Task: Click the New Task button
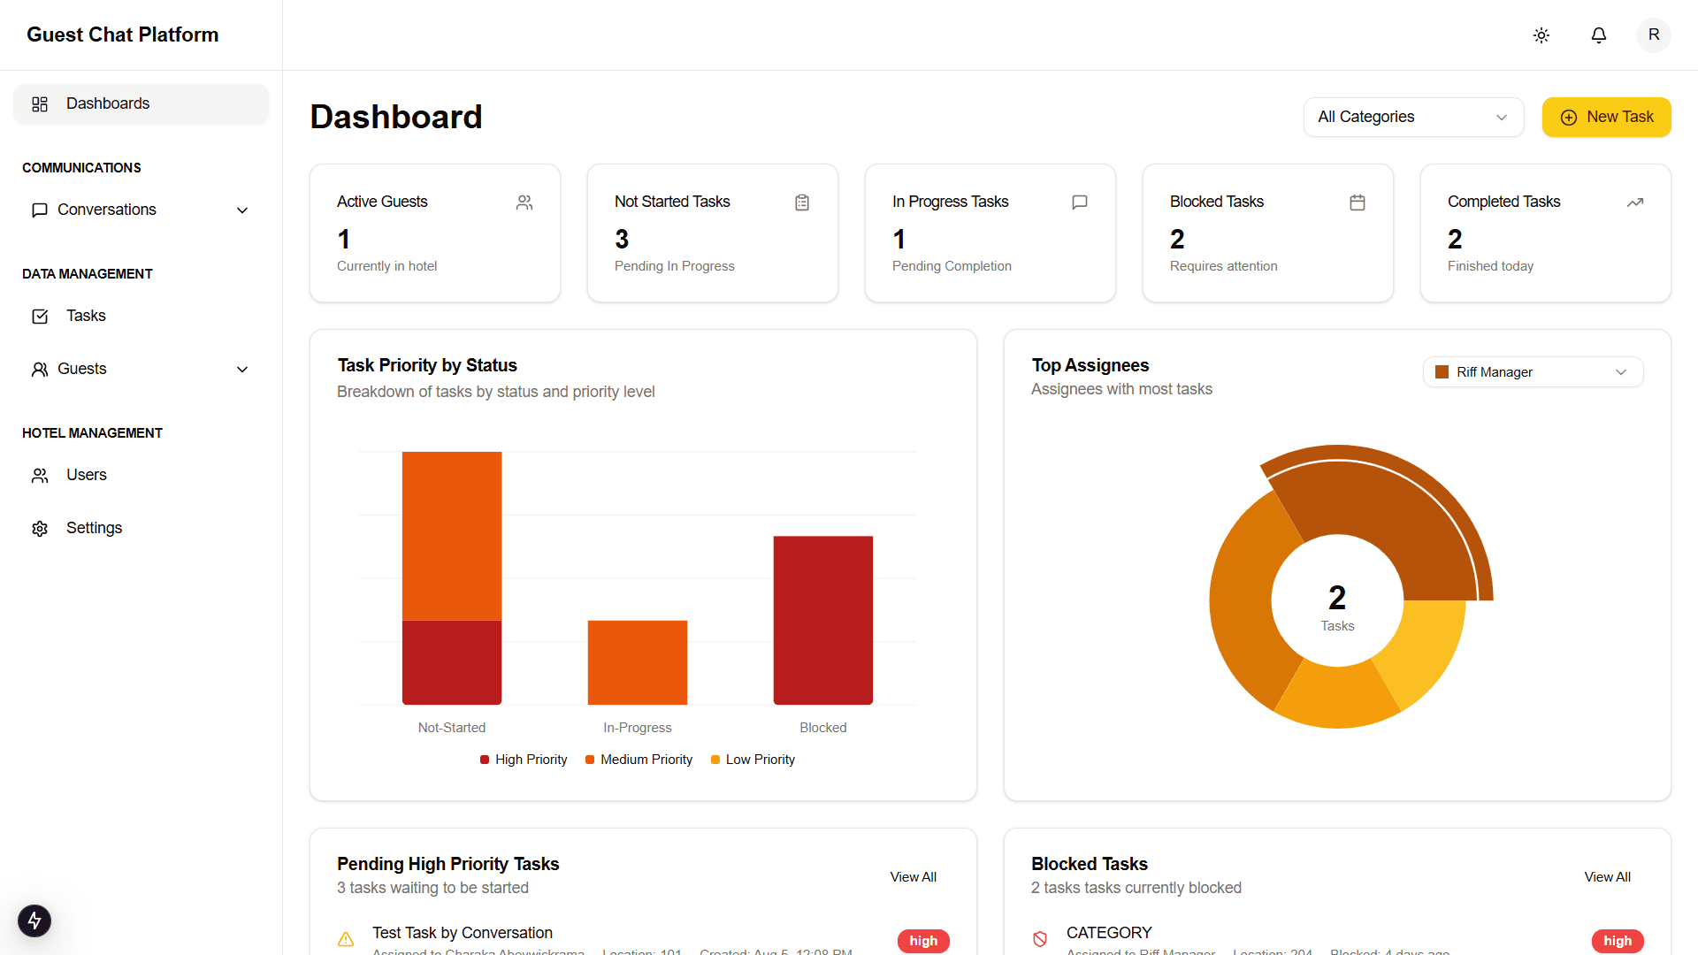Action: [1606, 117]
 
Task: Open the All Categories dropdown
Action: [1412, 117]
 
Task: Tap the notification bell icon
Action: [1598, 35]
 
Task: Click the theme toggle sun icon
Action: [1541, 35]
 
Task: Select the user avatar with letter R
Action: [1653, 35]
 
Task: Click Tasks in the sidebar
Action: [86, 316]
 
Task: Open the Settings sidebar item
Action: [94, 528]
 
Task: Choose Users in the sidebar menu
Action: [86, 475]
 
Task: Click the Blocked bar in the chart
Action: [822, 620]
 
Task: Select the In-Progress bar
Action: [637, 662]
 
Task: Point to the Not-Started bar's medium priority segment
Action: [451, 536]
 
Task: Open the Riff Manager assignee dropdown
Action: [1533, 372]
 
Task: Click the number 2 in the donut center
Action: [1337, 598]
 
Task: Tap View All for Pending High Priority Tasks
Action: [913, 877]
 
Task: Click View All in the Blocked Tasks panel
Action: [1607, 877]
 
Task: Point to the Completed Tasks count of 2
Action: [1455, 239]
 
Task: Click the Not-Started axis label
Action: [451, 728]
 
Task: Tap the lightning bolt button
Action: [34, 921]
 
